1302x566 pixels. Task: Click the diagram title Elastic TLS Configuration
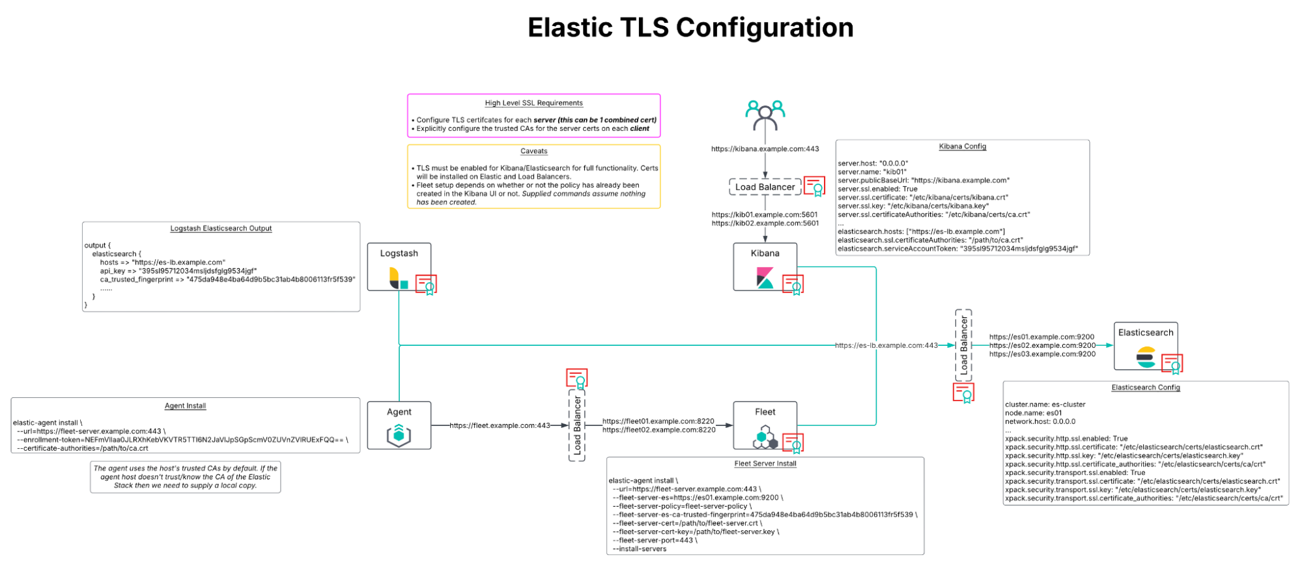pyautogui.click(x=690, y=28)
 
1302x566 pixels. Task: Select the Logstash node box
pyautogui.click(x=399, y=266)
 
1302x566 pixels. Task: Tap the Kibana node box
pyautogui.click(x=765, y=266)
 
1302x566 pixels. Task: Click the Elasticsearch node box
pyautogui.click(x=1145, y=346)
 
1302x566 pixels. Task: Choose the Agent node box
pyautogui.click(x=399, y=425)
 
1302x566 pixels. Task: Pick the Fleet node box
pyautogui.click(x=765, y=425)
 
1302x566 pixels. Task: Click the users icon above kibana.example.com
pyautogui.click(x=765, y=115)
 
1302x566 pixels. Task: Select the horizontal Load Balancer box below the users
pyautogui.click(x=765, y=187)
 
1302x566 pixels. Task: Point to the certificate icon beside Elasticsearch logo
pyautogui.click(x=1172, y=364)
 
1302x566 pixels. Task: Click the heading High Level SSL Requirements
pyautogui.click(x=533, y=103)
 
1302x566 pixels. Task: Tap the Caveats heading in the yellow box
pyautogui.click(x=533, y=151)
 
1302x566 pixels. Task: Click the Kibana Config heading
pyautogui.click(x=962, y=147)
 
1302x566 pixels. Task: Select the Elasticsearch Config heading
pyautogui.click(x=1145, y=388)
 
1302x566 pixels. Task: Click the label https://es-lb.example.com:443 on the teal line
pyautogui.click(x=886, y=346)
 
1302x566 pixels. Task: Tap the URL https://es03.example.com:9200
pyautogui.click(x=1042, y=354)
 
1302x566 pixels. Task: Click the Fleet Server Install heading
pyautogui.click(x=765, y=464)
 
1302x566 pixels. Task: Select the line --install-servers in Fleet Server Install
pyautogui.click(x=640, y=549)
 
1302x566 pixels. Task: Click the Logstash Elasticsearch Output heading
pyautogui.click(x=221, y=229)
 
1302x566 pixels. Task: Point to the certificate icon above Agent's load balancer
pyautogui.click(x=576, y=378)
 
